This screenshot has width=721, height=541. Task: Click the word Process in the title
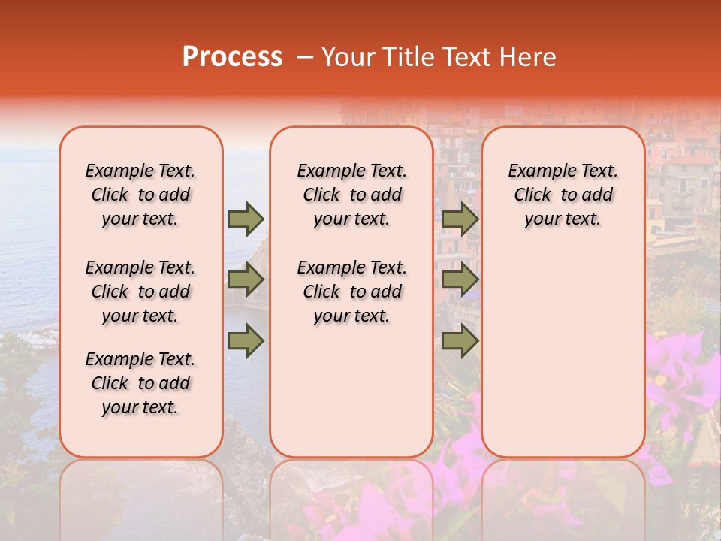tap(232, 57)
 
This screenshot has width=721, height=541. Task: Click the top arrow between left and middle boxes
tap(246, 219)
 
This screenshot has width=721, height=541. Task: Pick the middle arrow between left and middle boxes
tap(246, 280)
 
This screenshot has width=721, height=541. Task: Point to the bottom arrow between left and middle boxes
tap(246, 340)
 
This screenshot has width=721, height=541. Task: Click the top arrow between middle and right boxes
tap(460, 219)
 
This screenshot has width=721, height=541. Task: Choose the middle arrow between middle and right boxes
tap(460, 280)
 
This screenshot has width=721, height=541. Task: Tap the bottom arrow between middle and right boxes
tap(460, 340)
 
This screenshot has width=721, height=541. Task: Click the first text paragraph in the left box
tap(140, 195)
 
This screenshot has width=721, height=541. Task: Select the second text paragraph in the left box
tap(140, 292)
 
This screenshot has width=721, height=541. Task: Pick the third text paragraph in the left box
tap(140, 383)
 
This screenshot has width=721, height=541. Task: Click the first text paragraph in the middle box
tap(351, 195)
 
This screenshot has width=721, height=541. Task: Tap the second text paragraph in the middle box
tap(351, 292)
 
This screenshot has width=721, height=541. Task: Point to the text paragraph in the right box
tap(563, 195)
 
